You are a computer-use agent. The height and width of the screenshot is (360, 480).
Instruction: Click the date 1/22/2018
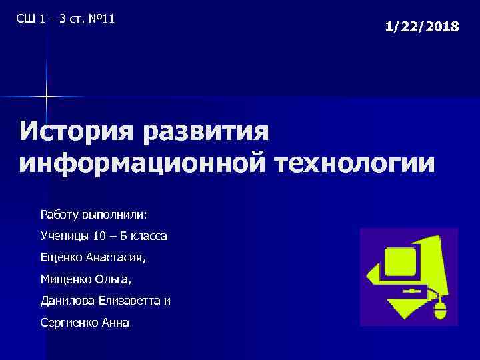[422, 27]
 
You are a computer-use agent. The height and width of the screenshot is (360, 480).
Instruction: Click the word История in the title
[79, 130]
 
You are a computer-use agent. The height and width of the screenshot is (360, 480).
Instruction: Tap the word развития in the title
[207, 130]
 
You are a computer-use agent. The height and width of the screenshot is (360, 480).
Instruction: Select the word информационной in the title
[129, 163]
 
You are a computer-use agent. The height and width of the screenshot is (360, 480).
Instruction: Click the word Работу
[59, 215]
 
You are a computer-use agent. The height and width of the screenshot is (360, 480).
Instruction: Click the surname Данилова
[67, 301]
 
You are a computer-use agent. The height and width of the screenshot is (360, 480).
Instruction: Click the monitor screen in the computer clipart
[398, 263]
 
